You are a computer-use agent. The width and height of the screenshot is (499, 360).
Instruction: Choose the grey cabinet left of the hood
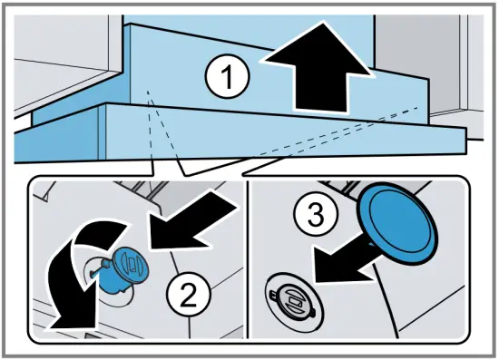tap(64, 54)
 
